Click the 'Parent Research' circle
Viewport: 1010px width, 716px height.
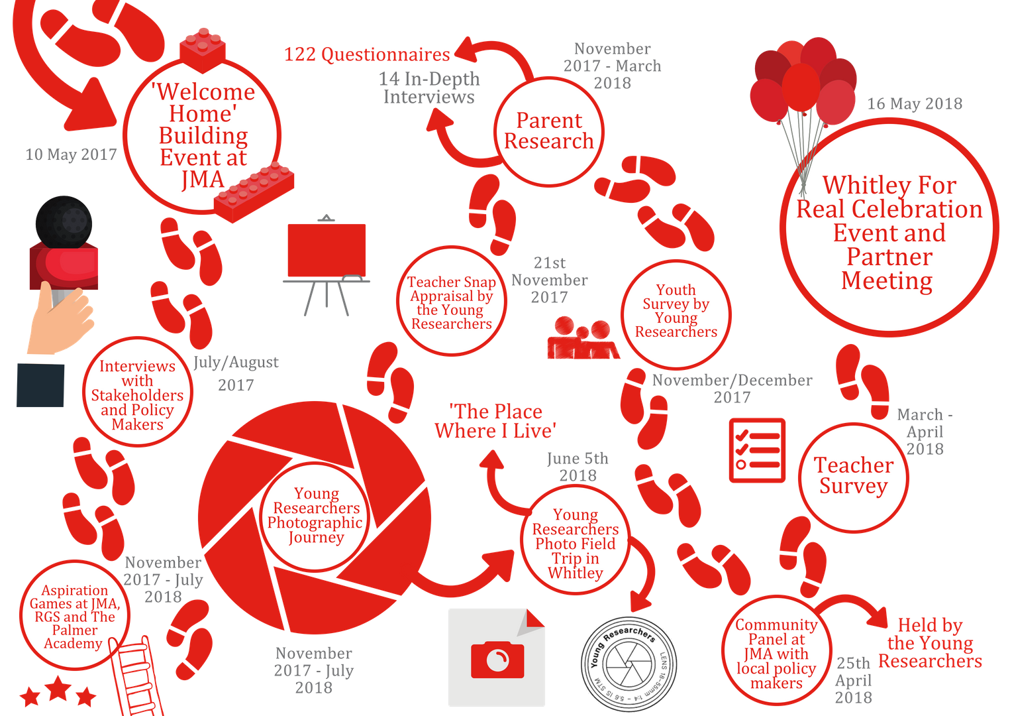pyautogui.click(x=549, y=131)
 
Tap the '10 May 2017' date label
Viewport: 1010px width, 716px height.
pyautogui.click(x=71, y=155)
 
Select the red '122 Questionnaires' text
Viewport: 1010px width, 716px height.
pyautogui.click(x=367, y=54)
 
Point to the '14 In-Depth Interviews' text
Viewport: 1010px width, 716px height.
pyautogui.click(x=429, y=88)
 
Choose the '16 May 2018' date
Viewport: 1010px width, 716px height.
pyautogui.click(x=915, y=103)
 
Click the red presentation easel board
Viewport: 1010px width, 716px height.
pyautogui.click(x=326, y=250)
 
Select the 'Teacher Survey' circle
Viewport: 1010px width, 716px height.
pyautogui.click(x=853, y=476)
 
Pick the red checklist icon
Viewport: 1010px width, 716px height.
pyautogui.click(x=757, y=450)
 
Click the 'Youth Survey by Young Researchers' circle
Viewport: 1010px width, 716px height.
pyautogui.click(x=676, y=312)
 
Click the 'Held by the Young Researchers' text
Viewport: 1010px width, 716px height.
pyautogui.click(x=930, y=643)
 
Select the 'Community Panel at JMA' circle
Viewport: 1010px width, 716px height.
pyautogui.click(x=776, y=653)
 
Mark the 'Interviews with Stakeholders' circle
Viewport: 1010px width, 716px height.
pyautogui.click(x=137, y=394)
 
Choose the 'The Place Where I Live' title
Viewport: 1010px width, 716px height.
pyautogui.click(x=495, y=422)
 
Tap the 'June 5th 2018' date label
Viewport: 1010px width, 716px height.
pyautogui.click(x=578, y=467)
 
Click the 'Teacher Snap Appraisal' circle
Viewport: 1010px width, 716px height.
pyautogui.click(x=452, y=302)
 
